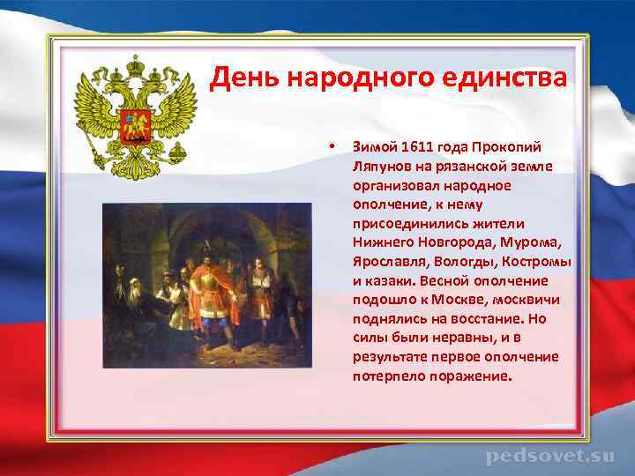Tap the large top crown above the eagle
[x=135, y=65]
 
